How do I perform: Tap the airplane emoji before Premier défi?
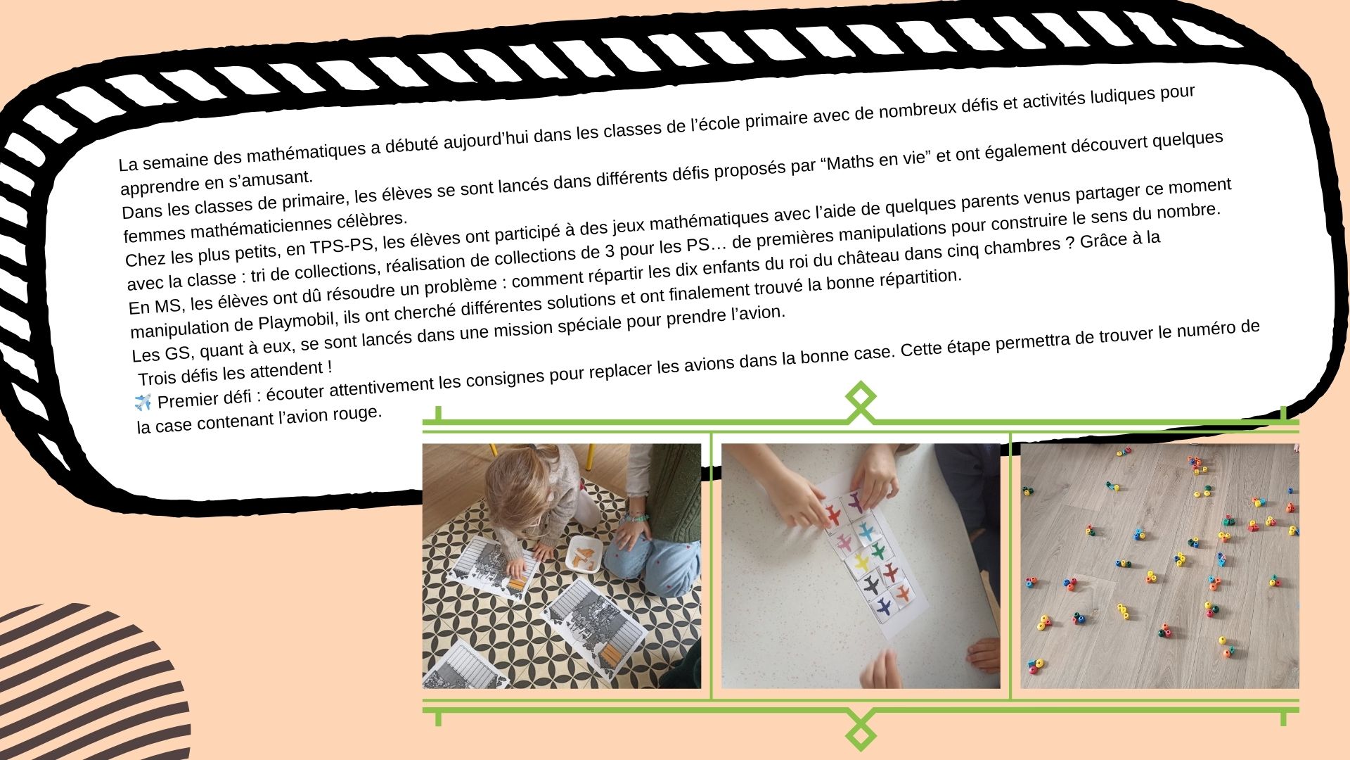pos(143,403)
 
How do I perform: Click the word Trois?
pos(160,376)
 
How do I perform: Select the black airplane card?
pos(872,585)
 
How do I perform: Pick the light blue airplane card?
pos(866,529)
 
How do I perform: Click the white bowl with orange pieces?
pos(585,554)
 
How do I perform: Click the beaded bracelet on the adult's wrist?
pos(636,519)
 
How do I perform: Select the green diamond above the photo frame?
pos(861,398)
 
